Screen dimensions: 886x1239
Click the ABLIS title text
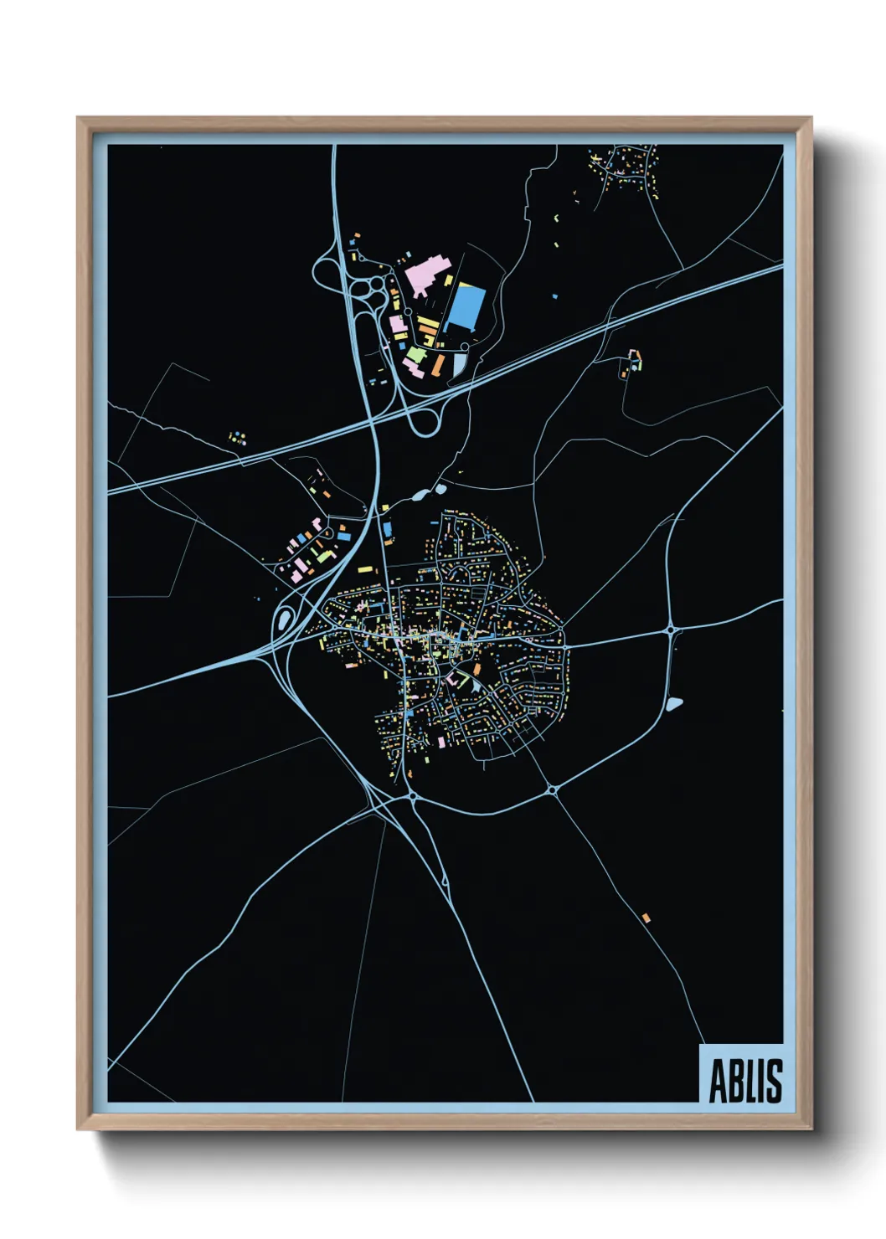point(745,1081)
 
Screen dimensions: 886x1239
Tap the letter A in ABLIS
point(718,1081)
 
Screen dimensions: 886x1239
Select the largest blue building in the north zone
point(466,307)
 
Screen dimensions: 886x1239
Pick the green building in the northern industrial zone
point(415,356)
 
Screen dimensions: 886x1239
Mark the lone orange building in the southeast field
point(646,918)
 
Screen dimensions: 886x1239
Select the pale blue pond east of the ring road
point(674,704)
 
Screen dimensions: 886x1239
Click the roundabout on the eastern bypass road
point(671,630)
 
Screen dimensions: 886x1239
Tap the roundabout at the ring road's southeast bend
point(552,789)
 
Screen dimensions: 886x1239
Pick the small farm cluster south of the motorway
point(631,363)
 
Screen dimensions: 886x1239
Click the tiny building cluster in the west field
point(238,436)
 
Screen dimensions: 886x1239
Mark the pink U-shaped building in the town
point(456,679)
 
